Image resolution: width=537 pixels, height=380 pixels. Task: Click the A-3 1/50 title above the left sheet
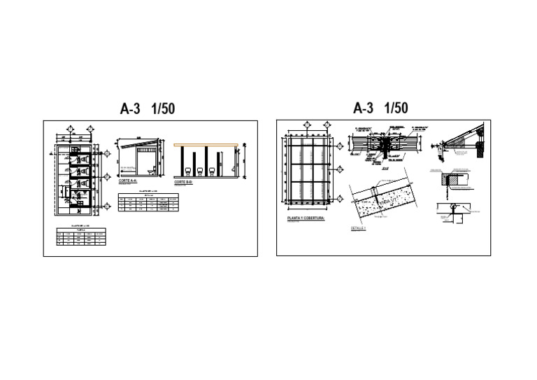pos(147,109)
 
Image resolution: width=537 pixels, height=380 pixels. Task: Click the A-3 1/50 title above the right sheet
pos(381,108)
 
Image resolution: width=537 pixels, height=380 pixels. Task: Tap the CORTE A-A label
pos(128,181)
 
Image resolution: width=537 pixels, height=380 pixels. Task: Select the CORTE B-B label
pos(184,181)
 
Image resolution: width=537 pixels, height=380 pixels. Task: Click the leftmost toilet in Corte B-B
pos(187,170)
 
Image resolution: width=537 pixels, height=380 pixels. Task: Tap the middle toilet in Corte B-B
pos(200,170)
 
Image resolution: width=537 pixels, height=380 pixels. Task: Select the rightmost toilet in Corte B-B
pos(212,170)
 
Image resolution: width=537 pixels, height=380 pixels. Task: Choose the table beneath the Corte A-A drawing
pos(147,203)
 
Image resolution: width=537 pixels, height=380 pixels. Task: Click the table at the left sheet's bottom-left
pos(80,236)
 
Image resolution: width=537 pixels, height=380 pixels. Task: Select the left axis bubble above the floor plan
pos(71,128)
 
